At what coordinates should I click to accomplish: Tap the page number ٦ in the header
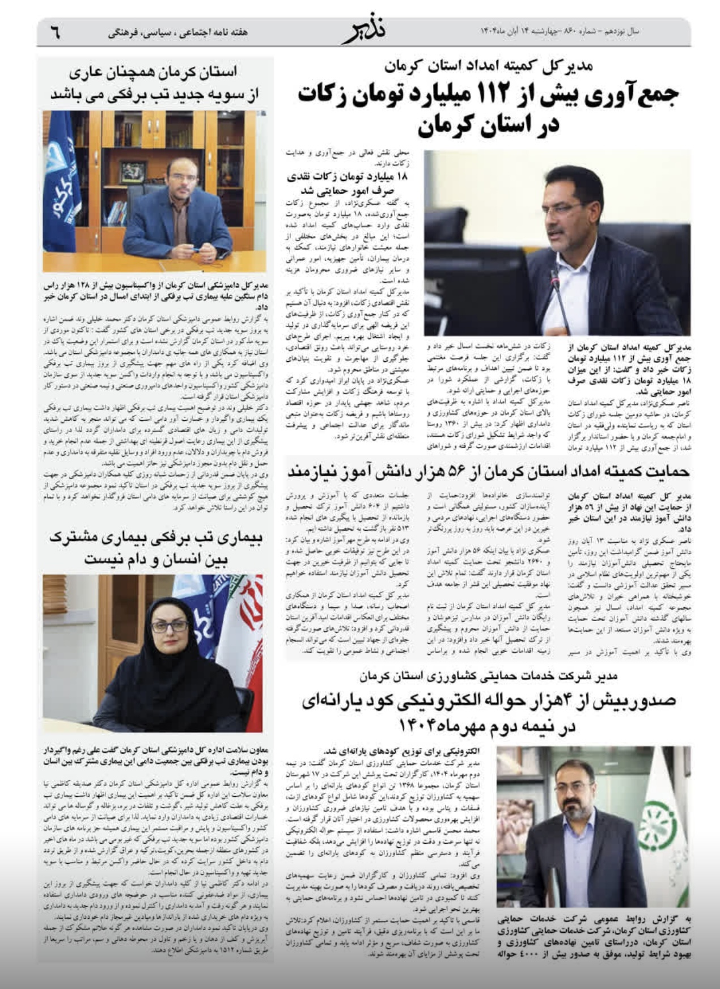(54, 33)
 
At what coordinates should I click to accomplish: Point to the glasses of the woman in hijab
(169, 626)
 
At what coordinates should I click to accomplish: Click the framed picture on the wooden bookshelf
(133, 170)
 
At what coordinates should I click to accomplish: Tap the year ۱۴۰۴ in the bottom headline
(420, 726)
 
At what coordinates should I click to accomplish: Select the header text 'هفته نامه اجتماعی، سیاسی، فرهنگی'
(178, 32)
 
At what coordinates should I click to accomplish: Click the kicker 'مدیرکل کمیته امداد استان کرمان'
(489, 66)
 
